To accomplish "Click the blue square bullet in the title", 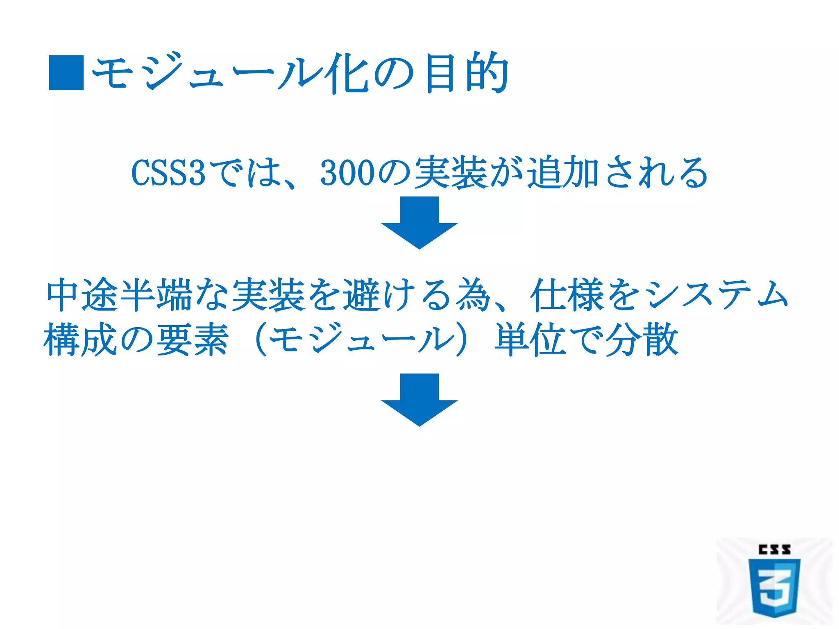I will tap(66, 72).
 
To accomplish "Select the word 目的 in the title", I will tap(467, 73).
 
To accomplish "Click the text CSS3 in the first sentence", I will tap(168, 173).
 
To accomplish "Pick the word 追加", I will tap(563, 173).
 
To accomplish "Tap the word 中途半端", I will tap(119, 294).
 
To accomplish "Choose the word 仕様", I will tap(567, 294).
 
